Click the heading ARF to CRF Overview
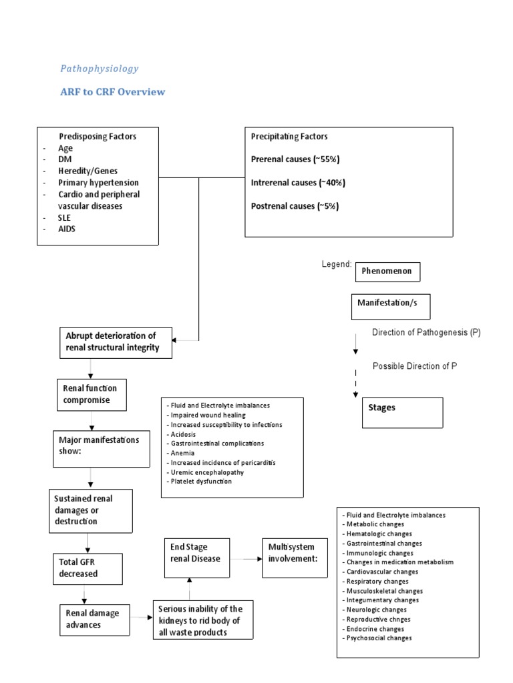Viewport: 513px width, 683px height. click(x=112, y=92)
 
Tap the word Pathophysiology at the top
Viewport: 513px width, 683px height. click(x=100, y=68)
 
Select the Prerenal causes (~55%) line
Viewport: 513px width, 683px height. click(x=295, y=159)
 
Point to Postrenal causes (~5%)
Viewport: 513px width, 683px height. click(x=295, y=206)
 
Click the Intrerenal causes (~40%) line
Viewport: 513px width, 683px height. click(x=297, y=183)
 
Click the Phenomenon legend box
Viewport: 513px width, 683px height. click(x=387, y=272)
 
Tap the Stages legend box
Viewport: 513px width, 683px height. click(x=397, y=412)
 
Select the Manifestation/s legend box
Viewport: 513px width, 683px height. click(x=391, y=306)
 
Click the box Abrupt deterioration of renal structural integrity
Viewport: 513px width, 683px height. click(x=118, y=341)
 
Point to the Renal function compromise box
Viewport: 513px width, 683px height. click(x=90, y=394)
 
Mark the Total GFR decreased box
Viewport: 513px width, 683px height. click(x=79, y=568)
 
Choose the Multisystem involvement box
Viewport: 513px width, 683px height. click(x=293, y=553)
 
